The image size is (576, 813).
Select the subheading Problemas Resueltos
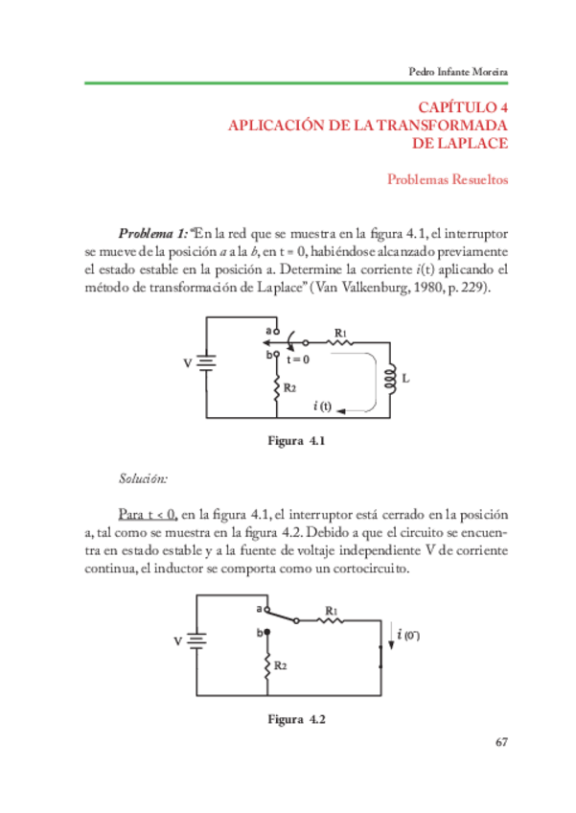pos(447,179)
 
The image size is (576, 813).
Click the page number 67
pos(501,741)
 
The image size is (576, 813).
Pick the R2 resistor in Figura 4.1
pos(276,388)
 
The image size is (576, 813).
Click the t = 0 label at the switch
pos(299,360)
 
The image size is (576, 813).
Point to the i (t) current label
pos(323,406)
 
